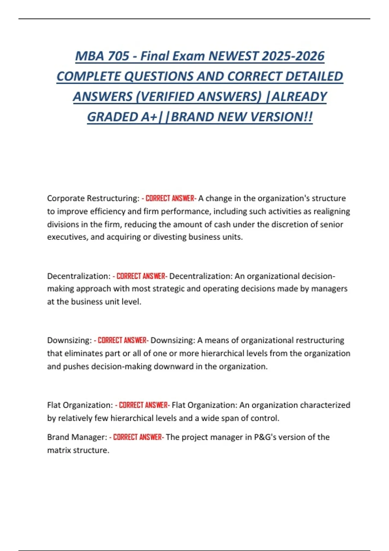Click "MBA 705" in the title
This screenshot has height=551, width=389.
[102, 56]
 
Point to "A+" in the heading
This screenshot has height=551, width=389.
[149, 117]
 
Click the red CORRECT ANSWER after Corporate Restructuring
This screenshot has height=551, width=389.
[170, 198]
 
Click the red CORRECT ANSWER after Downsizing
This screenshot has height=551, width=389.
[122, 340]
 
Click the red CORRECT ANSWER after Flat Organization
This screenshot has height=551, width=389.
[144, 405]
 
